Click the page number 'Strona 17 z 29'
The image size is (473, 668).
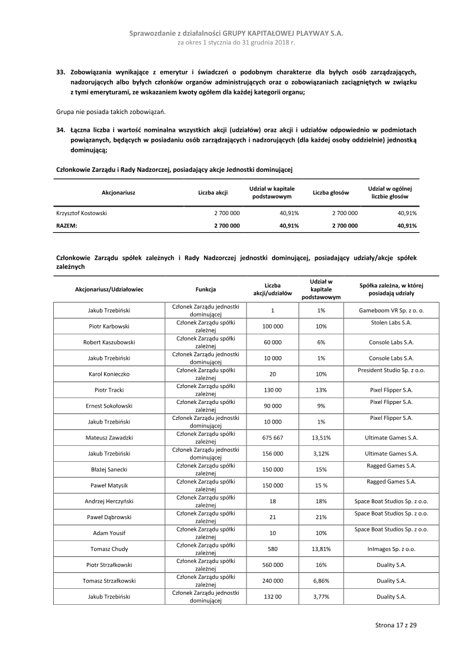396,624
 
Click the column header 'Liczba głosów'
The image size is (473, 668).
331,193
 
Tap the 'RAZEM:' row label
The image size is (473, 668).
67,226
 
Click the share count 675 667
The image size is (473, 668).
273,438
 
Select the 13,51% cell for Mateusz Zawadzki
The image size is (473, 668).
320,438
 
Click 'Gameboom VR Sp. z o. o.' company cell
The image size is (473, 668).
391,310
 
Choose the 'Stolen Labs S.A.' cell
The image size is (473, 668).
391,322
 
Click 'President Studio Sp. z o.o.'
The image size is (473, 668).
391,370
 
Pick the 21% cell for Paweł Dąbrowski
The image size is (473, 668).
320,517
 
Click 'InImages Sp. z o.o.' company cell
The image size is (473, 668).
391,549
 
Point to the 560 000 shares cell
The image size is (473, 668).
273,565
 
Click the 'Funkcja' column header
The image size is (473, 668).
206,289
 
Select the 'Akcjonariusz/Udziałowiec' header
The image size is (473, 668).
109,289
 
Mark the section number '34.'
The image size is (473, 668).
60,129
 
